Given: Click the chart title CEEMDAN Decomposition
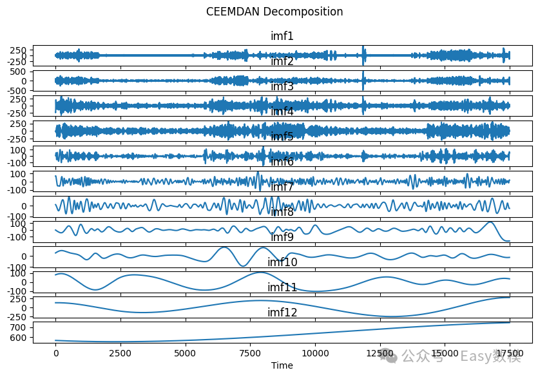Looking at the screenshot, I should pyautogui.click(x=274, y=12).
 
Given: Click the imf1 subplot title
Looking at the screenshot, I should pyautogui.click(x=282, y=36).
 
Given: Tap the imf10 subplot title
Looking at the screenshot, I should pyautogui.click(x=282, y=262).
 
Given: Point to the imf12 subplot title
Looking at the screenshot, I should pyautogui.click(x=282, y=313).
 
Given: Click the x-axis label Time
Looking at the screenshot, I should pyautogui.click(x=282, y=365).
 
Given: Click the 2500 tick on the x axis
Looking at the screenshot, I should pyautogui.click(x=120, y=354).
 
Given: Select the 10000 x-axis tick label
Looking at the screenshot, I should pyautogui.click(x=315, y=354).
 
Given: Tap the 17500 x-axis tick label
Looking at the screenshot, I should pyautogui.click(x=510, y=354).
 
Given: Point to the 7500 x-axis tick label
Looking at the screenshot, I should pyautogui.click(x=250, y=354).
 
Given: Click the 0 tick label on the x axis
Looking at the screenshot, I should pyautogui.click(x=55, y=354).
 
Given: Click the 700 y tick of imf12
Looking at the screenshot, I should pyautogui.click(x=19, y=327).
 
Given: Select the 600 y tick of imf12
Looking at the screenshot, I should pyautogui.click(x=19, y=338).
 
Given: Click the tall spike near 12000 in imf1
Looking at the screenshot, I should pyautogui.click(x=364, y=52).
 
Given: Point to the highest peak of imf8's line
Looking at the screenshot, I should pyautogui.click(x=490, y=222).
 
